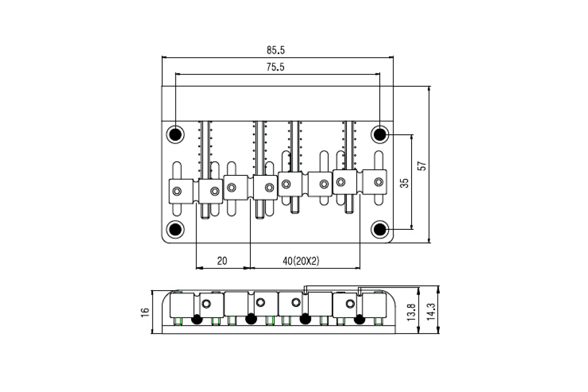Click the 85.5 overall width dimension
coord(275,50)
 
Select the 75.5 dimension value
coord(275,67)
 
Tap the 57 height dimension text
coord(422,166)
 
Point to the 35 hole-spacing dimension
coord(405,183)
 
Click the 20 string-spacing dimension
coord(222,261)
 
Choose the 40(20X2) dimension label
coord(301,261)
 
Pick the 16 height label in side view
coord(145,312)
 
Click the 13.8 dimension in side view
coord(411,312)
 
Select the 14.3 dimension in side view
coord(431,312)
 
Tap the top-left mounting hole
coord(175,135)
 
